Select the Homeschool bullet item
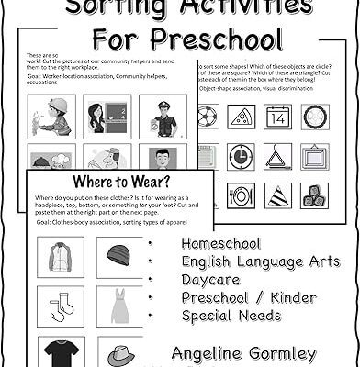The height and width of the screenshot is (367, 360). pos(220,244)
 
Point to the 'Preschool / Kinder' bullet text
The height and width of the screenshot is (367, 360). pos(248,298)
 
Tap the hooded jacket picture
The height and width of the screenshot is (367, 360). pos(62,257)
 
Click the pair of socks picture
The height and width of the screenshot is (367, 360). pos(62,306)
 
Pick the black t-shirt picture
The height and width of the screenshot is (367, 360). pos(62,352)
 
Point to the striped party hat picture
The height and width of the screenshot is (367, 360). pos(278,195)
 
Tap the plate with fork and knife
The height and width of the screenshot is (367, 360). pos(242,195)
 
